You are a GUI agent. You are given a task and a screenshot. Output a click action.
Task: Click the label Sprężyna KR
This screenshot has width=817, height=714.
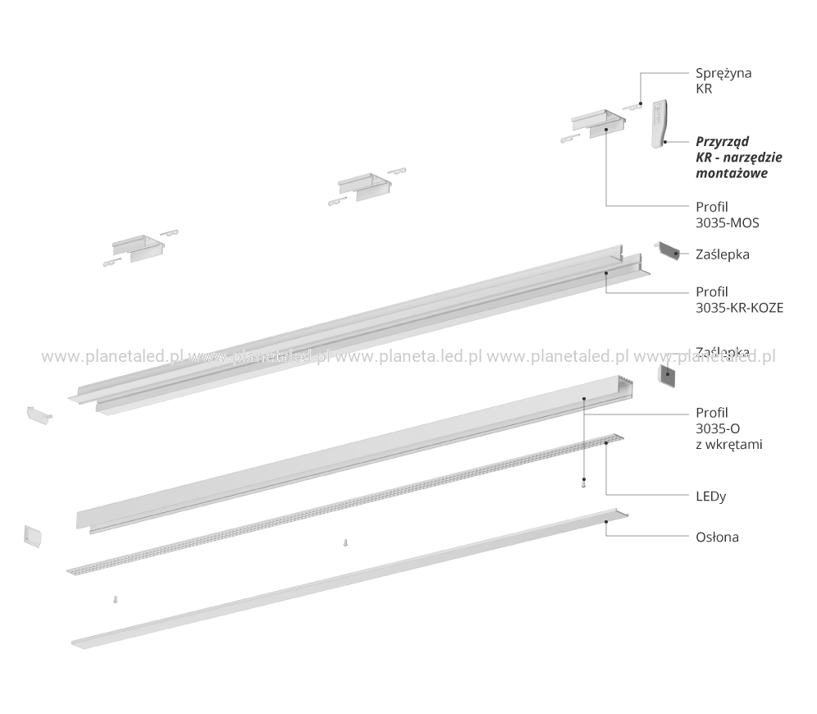(x=723, y=80)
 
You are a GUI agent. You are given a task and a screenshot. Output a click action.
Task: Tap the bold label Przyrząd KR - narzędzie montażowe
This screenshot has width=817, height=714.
(x=739, y=157)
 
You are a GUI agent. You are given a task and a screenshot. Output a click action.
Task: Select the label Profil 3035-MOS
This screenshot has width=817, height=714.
(x=728, y=215)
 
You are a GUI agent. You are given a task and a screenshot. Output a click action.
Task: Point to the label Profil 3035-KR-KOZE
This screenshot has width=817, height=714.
(x=739, y=300)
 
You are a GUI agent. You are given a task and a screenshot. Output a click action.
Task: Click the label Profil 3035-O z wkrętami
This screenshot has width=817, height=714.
(x=729, y=428)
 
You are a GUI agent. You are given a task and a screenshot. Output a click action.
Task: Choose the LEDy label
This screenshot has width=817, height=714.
(x=710, y=497)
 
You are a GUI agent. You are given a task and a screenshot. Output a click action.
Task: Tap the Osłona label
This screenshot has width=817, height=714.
(x=717, y=537)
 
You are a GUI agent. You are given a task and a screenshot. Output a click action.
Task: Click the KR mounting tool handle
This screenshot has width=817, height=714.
(x=660, y=124)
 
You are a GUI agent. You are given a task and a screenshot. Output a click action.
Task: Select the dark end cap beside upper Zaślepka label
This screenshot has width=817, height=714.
(x=669, y=250)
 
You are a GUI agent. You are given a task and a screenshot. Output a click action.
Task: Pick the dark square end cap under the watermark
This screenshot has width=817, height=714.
(x=667, y=375)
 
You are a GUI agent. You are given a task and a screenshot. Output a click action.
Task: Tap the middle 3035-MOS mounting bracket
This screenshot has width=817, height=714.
(x=364, y=186)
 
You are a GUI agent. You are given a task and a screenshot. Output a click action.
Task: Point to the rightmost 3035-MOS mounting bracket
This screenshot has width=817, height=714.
(x=599, y=124)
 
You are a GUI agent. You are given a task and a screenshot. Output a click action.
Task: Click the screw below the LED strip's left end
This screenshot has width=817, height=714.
(x=115, y=599)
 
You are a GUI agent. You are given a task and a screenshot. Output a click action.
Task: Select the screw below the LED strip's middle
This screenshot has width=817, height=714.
(x=345, y=542)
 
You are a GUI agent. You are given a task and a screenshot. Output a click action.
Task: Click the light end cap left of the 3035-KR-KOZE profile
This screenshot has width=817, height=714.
(x=39, y=414)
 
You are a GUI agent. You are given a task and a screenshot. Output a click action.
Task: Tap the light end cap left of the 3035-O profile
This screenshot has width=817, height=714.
(x=33, y=536)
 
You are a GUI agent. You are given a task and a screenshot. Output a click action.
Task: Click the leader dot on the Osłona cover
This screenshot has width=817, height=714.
(x=606, y=521)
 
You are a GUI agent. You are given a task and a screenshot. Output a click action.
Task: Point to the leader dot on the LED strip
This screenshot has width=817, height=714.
(x=606, y=442)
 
